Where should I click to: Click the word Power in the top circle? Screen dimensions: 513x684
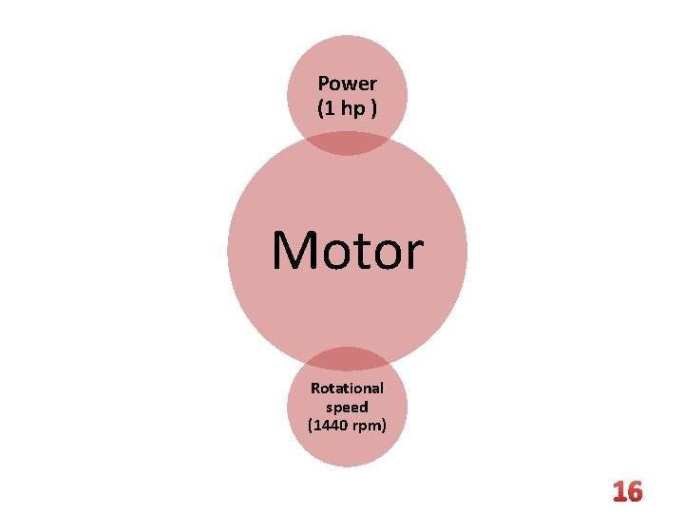348,84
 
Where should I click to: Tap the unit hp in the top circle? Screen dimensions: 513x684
353,108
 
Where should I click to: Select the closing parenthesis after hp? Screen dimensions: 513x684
373,108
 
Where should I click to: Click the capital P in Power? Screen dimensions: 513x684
324,84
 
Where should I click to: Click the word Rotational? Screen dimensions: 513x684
348,388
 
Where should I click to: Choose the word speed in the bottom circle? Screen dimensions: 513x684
348,407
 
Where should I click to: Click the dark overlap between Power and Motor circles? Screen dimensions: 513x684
348,143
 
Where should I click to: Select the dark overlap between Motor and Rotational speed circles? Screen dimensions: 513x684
348,359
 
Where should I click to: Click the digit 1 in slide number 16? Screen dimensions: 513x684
617,492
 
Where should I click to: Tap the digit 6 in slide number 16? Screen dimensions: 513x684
634,492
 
